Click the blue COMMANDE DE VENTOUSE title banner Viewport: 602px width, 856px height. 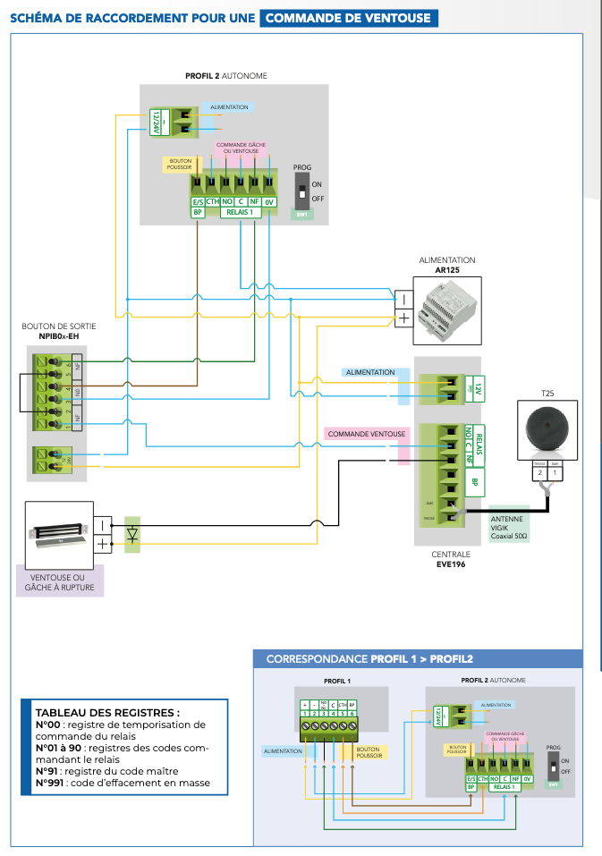[348, 18]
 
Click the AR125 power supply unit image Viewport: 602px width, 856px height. [447, 305]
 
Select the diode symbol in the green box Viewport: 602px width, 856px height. [132, 534]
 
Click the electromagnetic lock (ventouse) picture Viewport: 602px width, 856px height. [55, 534]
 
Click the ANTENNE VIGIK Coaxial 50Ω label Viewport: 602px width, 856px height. [509, 528]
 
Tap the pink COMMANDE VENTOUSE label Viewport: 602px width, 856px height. [366, 434]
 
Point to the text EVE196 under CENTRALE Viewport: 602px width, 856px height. [452, 564]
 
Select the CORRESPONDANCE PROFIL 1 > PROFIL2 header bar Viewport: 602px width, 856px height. [417, 659]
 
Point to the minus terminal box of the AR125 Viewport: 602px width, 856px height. [403, 299]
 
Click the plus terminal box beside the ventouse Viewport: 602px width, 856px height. [103, 543]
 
